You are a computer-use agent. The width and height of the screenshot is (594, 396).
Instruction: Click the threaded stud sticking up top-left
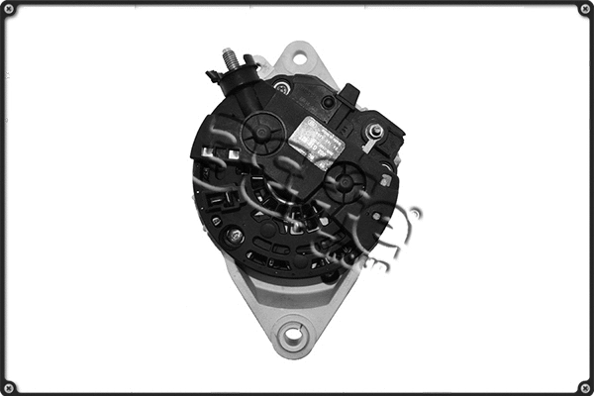pos(231,59)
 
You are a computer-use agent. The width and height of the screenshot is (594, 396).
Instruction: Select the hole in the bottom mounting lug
pos(293,334)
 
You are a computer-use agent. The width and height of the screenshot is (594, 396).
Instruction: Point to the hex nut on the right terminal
pos(375,131)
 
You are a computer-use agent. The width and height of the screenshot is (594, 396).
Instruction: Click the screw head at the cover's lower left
pos(235,237)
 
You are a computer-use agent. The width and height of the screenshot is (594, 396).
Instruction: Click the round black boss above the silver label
pos(328,102)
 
